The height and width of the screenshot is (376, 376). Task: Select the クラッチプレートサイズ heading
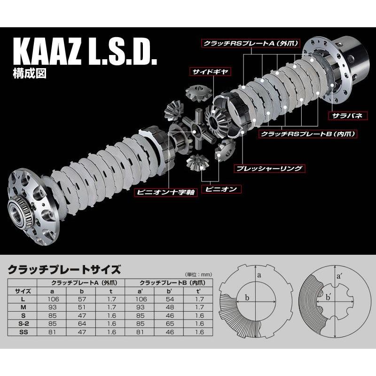[x=64, y=270]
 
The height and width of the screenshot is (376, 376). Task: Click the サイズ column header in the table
[x=23, y=291]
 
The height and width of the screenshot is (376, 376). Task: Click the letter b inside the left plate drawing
[x=246, y=298]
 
